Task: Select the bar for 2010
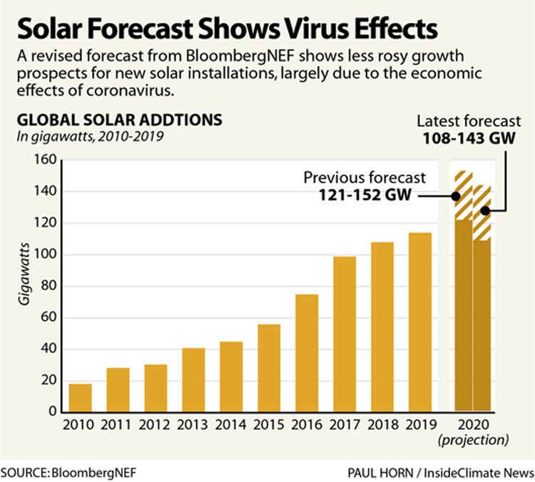[80, 398]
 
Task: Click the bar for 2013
[193, 379]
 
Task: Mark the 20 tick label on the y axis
[47, 381]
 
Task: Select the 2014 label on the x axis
[231, 425]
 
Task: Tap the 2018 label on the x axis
[382, 425]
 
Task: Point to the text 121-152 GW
[365, 195]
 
